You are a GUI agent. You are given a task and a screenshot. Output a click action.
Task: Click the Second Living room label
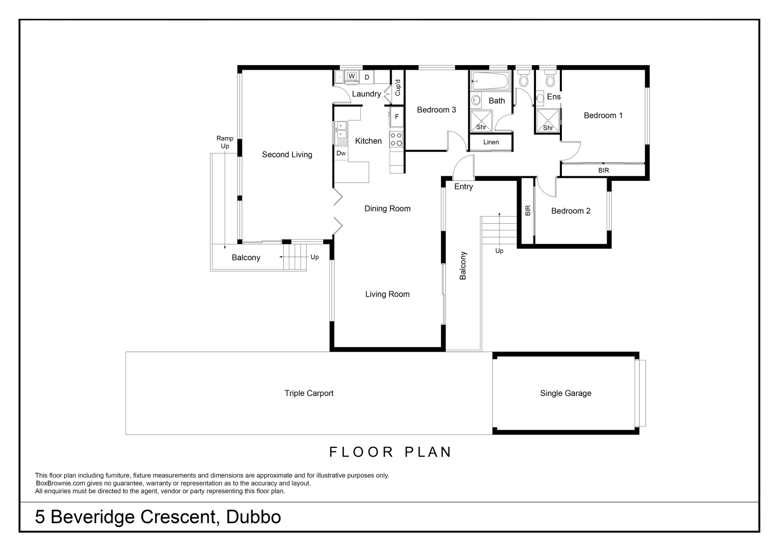pyautogui.click(x=287, y=155)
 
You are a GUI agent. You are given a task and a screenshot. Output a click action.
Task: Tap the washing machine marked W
pyautogui.click(x=351, y=77)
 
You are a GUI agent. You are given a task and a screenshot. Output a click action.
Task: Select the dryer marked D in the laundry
pyautogui.click(x=366, y=77)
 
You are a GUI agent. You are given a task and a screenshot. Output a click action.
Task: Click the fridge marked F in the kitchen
pyautogui.click(x=397, y=116)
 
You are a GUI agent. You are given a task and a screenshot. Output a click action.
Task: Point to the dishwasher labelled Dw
pyautogui.click(x=341, y=153)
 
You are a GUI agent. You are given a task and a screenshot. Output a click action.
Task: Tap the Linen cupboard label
pyautogui.click(x=491, y=142)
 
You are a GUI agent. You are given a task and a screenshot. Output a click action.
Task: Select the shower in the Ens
pyautogui.click(x=547, y=120)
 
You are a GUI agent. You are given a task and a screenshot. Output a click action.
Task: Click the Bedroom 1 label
pyautogui.click(x=603, y=115)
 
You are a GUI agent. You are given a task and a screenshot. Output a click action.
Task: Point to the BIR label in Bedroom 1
pyautogui.click(x=603, y=171)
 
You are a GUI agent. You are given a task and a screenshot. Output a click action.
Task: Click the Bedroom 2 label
pyautogui.click(x=571, y=211)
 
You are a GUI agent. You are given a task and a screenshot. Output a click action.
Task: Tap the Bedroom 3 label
pyautogui.click(x=436, y=110)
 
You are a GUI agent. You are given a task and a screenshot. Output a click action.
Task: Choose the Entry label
pyautogui.click(x=463, y=187)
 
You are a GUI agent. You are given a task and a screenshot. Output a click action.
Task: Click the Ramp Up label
pyautogui.click(x=225, y=142)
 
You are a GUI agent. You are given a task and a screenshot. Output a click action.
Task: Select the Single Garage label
pyautogui.click(x=565, y=393)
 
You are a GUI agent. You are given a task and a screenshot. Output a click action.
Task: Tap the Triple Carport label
pyautogui.click(x=309, y=393)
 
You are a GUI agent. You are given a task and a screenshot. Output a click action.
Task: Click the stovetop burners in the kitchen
pyautogui.click(x=396, y=139)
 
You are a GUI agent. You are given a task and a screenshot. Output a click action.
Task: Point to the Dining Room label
pyautogui.click(x=387, y=208)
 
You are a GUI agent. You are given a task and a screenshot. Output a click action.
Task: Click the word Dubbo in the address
pyautogui.click(x=253, y=517)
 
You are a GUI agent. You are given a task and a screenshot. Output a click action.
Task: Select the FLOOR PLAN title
pyautogui.click(x=390, y=452)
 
